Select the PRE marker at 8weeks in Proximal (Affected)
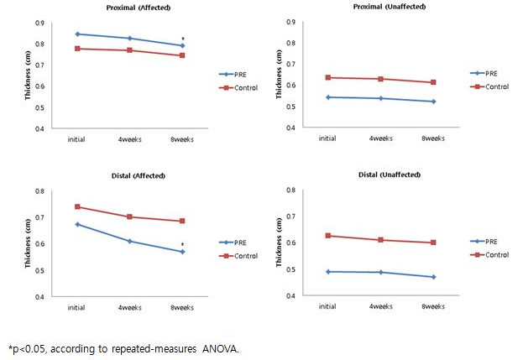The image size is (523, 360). (x=182, y=45)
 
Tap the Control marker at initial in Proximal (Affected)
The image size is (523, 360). (x=77, y=49)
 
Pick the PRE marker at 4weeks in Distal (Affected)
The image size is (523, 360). (x=129, y=241)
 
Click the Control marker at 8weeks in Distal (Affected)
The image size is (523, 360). (x=181, y=222)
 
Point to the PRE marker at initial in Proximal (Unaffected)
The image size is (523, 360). (x=328, y=97)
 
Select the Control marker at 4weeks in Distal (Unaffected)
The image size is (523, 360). (x=381, y=240)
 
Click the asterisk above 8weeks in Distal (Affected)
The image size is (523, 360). (x=182, y=244)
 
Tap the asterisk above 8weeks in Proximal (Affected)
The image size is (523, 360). (x=182, y=39)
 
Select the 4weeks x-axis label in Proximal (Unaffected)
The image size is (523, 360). (x=381, y=139)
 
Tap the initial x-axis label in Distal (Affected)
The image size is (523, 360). (x=77, y=307)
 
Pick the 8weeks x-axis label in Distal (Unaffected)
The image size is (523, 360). (x=433, y=306)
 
